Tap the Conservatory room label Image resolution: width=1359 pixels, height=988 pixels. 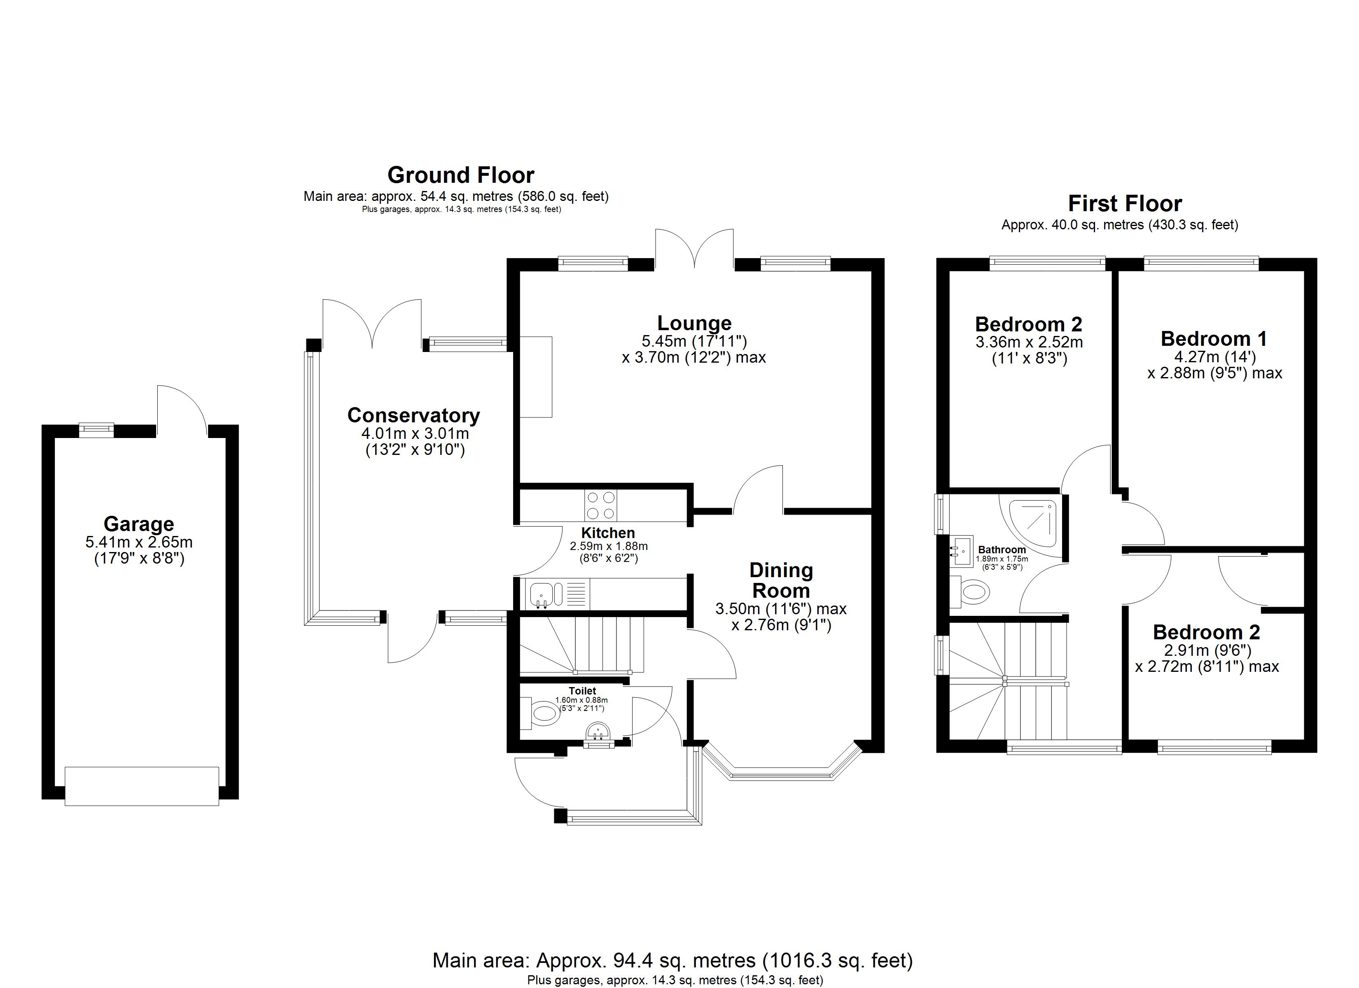click(413, 415)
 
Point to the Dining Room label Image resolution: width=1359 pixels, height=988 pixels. click(781, 580)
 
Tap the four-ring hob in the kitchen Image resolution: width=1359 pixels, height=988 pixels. click(600, 505)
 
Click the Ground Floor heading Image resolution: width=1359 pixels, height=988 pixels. click(461, 175)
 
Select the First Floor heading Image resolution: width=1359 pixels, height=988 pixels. click(1125, 204)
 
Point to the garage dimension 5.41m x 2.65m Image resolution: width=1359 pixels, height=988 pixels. click(139, 542)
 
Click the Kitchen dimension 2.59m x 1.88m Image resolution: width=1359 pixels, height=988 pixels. click(608, 546)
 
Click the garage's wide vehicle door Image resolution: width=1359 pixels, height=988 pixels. click(142, 786)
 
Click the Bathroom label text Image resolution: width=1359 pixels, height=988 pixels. click(1002, 550)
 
